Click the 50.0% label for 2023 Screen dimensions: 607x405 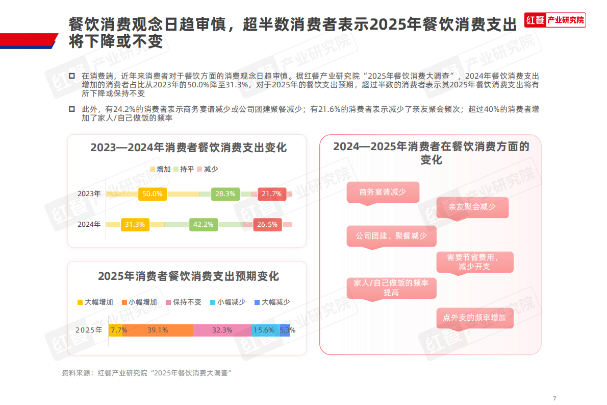[152, 194]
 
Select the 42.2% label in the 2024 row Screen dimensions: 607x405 [204, 224]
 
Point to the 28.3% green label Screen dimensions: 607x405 [225, 194]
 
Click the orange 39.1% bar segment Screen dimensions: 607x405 [158, 330]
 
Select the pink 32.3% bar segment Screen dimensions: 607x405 [222, 330]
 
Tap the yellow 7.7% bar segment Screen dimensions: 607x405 [116, 330]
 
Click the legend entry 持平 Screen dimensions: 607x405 [184, 169]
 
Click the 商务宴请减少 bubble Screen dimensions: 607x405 [383, 193]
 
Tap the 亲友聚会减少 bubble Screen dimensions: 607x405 [472, 207]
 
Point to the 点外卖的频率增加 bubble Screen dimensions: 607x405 [474, 318]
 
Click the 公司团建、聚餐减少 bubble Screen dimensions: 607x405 [391, 236]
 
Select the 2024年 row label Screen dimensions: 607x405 [89, 224]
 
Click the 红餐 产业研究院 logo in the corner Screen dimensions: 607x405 [555, 20]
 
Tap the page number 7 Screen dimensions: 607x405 [554, 398]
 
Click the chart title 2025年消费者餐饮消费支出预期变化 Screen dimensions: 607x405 [188, 276]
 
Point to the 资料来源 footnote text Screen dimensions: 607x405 [147, 373]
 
